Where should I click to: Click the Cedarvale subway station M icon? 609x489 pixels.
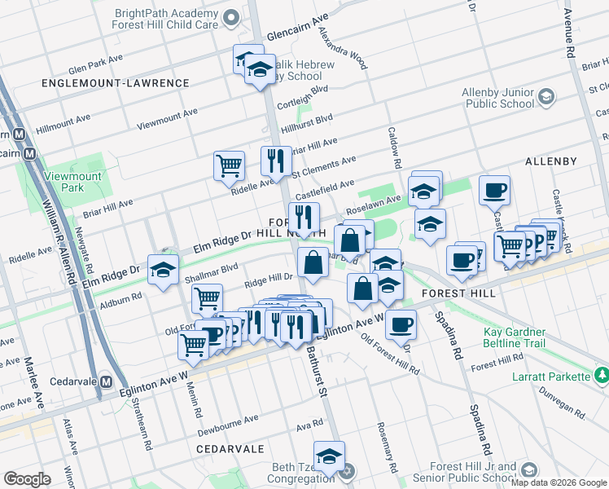tap(105, 381)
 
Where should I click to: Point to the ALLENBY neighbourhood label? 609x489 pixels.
tap(551, 161)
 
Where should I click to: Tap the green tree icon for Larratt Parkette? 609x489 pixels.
tap(601, 376)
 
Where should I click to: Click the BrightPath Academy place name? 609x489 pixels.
tap(168, 14)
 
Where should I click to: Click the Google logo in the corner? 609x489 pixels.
tap(28, 479)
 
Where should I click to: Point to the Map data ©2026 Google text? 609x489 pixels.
tap(559, 482)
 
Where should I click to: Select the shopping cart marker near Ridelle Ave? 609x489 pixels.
tap(230, 165)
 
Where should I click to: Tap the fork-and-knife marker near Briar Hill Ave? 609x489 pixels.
tap(276, 161)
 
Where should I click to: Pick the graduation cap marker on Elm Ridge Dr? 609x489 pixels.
tap(163, 270)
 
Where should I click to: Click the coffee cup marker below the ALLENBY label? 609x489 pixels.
tap(494, 191)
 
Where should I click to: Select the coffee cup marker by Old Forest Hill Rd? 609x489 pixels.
tap(400, 324)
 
